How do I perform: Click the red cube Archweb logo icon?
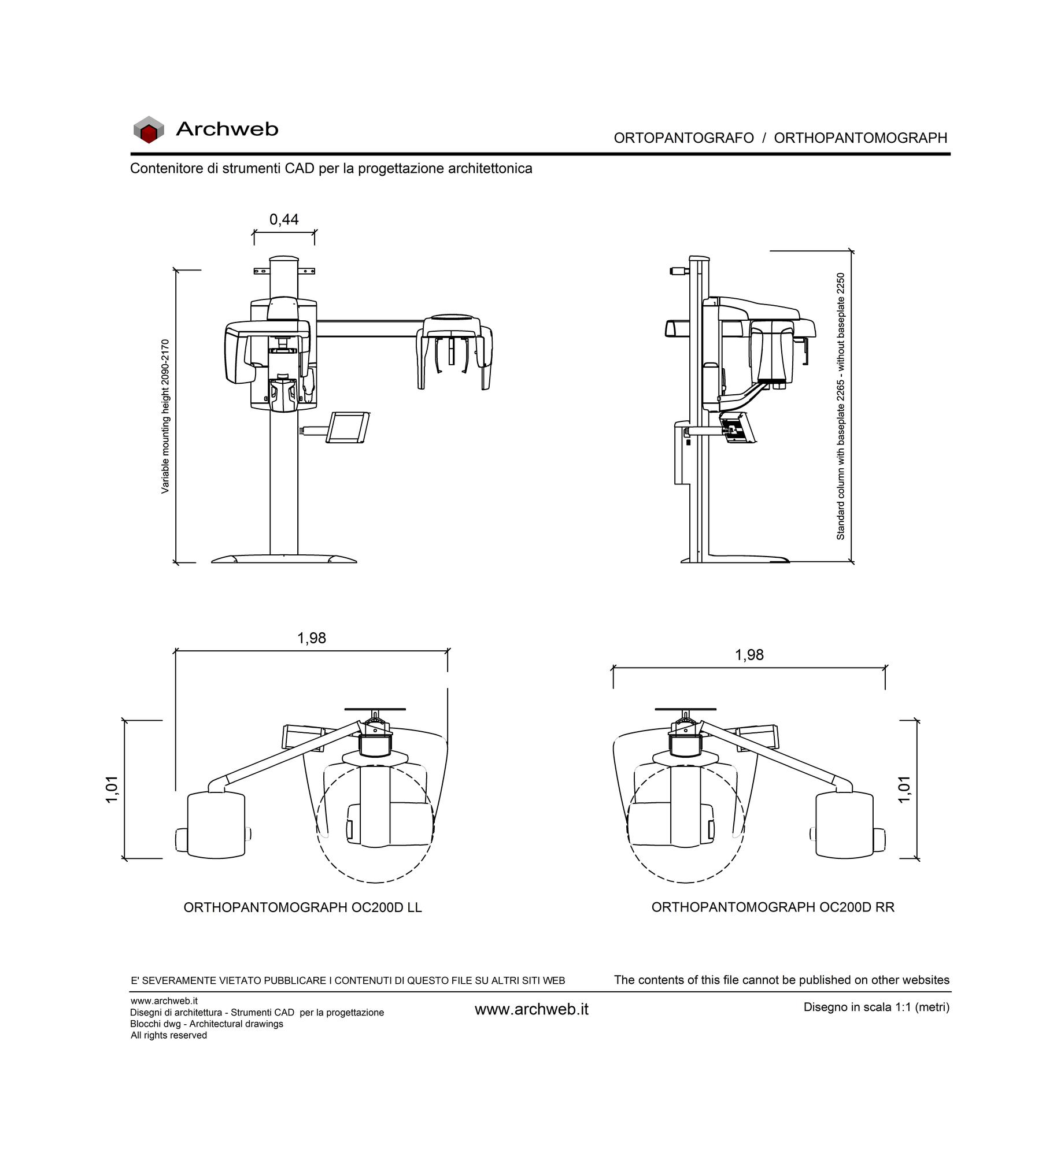[149, 129]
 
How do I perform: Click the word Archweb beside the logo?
[227, 129]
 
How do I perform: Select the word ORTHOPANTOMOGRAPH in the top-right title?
[860, 138]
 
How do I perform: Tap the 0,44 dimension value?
[284, 220]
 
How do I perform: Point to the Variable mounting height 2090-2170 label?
[165, 416]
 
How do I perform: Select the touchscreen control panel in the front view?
[348, 427]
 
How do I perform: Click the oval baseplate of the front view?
[284, 558]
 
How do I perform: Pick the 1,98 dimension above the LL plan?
[312, 638]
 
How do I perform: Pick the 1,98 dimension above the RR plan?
[749, 655]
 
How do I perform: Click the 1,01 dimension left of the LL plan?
[112, 789]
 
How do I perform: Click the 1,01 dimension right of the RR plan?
[904, 789]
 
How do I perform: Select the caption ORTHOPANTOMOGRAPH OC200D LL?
[303, 907]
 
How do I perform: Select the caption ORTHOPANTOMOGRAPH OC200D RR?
[773, 907]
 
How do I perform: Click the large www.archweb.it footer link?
[531, 1009]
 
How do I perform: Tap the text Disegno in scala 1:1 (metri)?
[877, 1007]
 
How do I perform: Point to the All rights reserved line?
[169, 1035]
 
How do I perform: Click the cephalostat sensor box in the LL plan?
[215, 825]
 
